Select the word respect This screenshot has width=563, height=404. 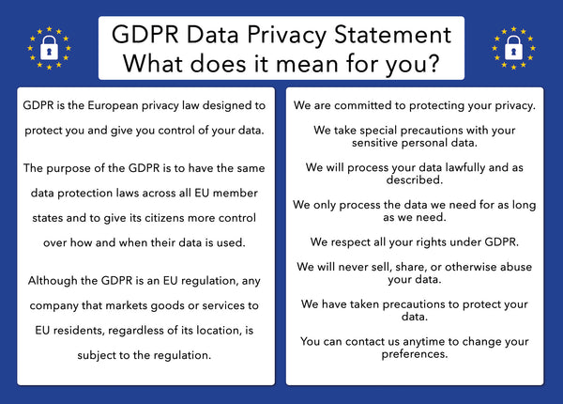pyautogui.click(x=356, y=239)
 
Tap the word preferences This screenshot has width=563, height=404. pyautogui.click(x=414, y=356)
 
